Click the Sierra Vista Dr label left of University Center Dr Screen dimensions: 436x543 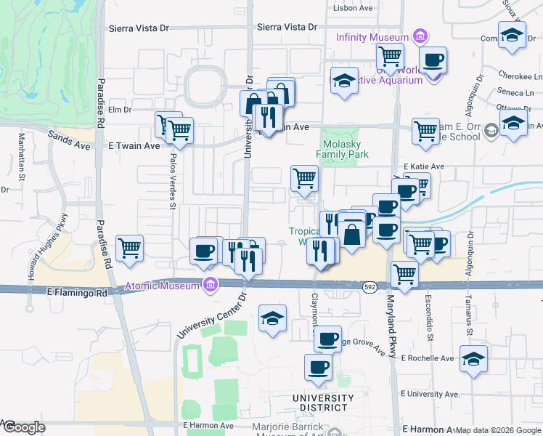click(138, 29)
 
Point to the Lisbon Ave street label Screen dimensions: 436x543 click(352, 9)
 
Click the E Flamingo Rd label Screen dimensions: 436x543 click(75, 292)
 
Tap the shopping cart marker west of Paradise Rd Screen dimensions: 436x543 click(130, 249)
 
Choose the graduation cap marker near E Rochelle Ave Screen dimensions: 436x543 click(474, 359)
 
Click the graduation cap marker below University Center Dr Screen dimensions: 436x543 click(272, 318)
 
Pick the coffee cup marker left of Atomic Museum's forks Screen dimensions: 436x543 click(203, 251)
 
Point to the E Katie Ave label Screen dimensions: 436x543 click(424, 167)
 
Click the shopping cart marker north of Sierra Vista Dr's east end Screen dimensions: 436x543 click(391, 56)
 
